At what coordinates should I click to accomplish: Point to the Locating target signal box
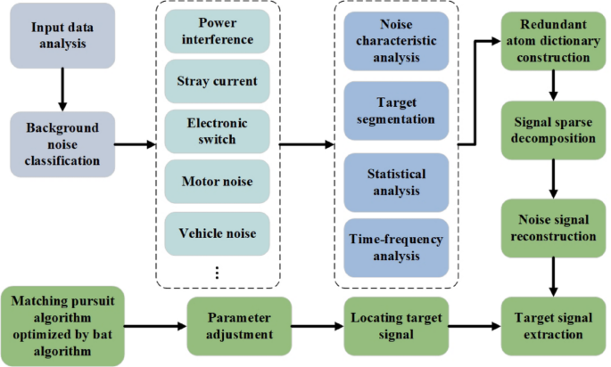395,325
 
